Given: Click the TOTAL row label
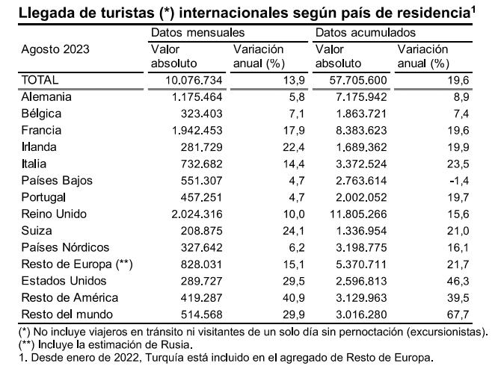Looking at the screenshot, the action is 40,80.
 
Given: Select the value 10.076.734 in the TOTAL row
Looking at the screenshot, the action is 194,80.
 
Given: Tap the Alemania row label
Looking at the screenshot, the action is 46,97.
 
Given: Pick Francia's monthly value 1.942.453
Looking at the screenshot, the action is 197,131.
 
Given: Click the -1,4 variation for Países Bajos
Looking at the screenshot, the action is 459,181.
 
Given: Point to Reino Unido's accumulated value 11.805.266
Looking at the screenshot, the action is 358,214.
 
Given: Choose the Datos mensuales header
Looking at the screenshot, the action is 198,32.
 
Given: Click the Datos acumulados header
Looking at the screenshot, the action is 366,32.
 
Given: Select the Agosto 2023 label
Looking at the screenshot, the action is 55,49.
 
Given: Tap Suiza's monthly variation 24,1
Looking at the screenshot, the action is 294,231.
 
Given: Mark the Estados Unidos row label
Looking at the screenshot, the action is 64,281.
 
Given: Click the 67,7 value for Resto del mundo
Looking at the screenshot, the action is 458,314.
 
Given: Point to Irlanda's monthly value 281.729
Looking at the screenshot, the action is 202,147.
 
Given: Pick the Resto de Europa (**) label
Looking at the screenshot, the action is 77,264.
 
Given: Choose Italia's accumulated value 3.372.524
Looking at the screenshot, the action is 361,164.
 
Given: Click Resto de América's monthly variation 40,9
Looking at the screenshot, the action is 294,298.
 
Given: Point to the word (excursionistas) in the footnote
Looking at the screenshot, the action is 447,332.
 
